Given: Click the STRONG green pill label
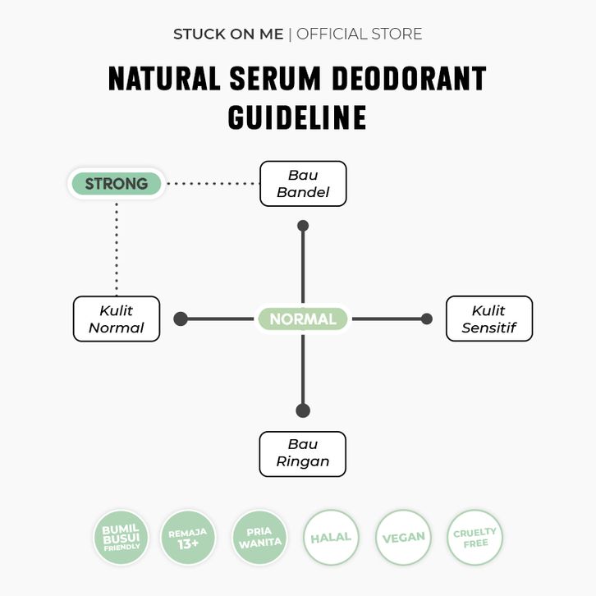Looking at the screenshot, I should pyautogui.click(x=116, y=183).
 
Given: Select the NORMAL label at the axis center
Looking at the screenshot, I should pyautogui.click(x=303, y=319).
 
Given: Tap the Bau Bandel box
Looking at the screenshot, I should pyautogui.click(x=303, y=184).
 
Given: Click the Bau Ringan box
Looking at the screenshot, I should pyautogui.click(x=303, y=453).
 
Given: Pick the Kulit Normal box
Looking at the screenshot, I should pyautogui.click(x=117, y=319).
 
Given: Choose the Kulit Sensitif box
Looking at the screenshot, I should pyautogui.click(x=488, y=319).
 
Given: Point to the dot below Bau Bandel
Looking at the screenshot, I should pyautogui.click(x=303, y=226).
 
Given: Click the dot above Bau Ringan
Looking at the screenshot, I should pyautogui.click(x=303, y=410).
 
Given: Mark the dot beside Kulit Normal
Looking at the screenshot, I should pyautogui.click(x=181, y=319).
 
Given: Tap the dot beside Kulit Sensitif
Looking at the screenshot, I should pyautogui.click(x=426, y=319).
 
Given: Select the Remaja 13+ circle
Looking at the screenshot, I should pyautogui.click(x=188, y=538).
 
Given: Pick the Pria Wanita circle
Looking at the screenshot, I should pyautogui.click(x=259, y=538).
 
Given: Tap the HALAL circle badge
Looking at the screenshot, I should pyautogui.click(x=331, y=538).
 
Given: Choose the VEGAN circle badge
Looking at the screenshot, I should pyautogui.click(x=403, y=538).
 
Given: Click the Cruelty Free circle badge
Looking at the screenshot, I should pyautogui.click(x=475, y=538).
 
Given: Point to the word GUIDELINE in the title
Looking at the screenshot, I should pyautogui.click(x=297, y=117).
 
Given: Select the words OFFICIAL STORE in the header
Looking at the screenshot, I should pyautogui.click(x=359, y=34).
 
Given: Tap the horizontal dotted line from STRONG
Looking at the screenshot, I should pyautogui.click(x=212, y=184).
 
